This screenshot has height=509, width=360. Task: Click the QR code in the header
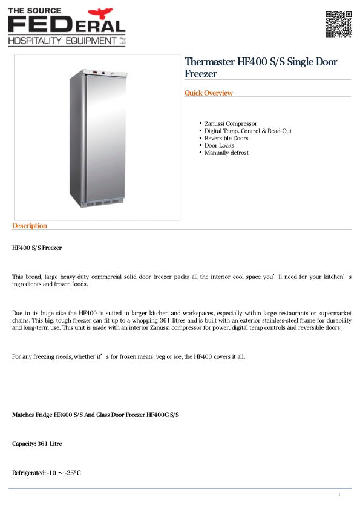point(339,24)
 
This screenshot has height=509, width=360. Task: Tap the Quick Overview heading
point(208,93)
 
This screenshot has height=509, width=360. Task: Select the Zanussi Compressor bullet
point(231,123)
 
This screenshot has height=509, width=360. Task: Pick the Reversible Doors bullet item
point(226,138)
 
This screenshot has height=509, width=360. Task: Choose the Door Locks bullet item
point(219,145)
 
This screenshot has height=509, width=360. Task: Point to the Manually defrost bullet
point(226,153)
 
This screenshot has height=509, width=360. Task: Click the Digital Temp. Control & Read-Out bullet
point(248,131)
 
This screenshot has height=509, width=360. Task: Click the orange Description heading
point(30,226)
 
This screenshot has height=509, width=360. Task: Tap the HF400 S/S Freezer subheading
point(37,248)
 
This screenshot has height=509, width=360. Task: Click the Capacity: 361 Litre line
point(37,444)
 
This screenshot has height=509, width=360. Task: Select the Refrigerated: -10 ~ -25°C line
point(47,473)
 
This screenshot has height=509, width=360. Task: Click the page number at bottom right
point(339,496)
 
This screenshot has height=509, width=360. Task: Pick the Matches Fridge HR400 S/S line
point(96,415)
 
